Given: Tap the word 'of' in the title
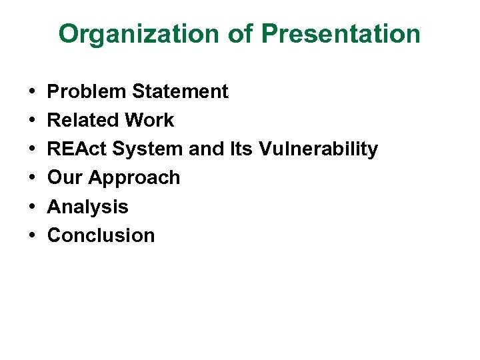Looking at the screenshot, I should [x=237, y=34].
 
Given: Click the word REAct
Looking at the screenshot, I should [x=77, y=149].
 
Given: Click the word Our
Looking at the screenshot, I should [x=65, y=177].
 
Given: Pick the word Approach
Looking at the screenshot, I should [x=134, y=178].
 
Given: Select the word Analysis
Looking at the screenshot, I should [x=88, y=207].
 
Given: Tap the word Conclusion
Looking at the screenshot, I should [x=101, y=235].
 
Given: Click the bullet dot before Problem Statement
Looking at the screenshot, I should [x=32, y=92].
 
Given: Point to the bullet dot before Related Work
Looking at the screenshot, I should [x=32, y=121].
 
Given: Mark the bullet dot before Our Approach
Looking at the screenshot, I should [x=32, y=178].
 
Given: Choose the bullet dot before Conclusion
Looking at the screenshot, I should [x=32, y=236].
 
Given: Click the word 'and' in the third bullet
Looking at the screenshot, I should [x=206, y=149].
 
